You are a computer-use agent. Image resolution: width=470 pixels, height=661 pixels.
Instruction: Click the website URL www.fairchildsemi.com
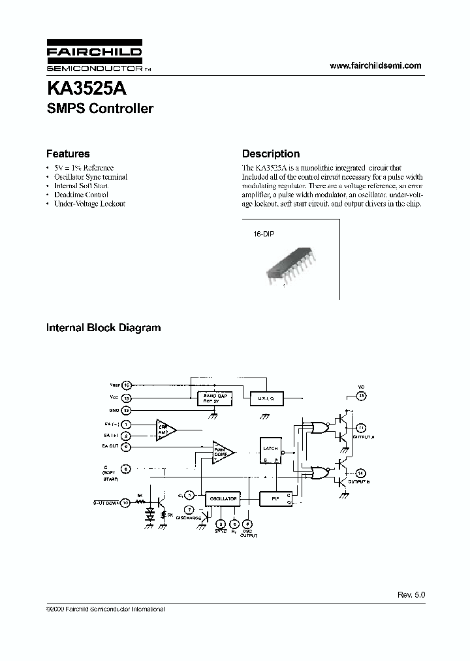(x=375, y=65)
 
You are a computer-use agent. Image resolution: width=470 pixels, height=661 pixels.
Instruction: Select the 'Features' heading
(x=68, y=154)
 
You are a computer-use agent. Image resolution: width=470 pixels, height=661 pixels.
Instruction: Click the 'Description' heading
(x=271, y=154)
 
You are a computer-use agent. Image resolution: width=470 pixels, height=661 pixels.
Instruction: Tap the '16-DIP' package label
(x=264, y=233)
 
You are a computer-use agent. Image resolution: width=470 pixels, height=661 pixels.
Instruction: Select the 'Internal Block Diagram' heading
(x=103, y=328)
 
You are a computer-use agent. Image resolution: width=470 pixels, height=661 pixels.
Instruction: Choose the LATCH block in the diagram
(x=270, y=449)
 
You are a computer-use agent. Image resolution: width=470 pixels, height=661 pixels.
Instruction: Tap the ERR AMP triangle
(x=163, y=430)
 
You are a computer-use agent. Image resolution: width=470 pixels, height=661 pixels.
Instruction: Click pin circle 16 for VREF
(x=127, y=385)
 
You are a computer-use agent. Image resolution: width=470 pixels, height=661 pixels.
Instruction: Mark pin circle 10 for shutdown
(x=125, y=503)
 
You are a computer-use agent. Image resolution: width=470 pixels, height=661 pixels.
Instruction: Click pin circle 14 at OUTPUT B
(x=360, y=473)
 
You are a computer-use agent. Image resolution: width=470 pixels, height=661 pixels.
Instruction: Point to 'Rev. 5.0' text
(x=411, y=596)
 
